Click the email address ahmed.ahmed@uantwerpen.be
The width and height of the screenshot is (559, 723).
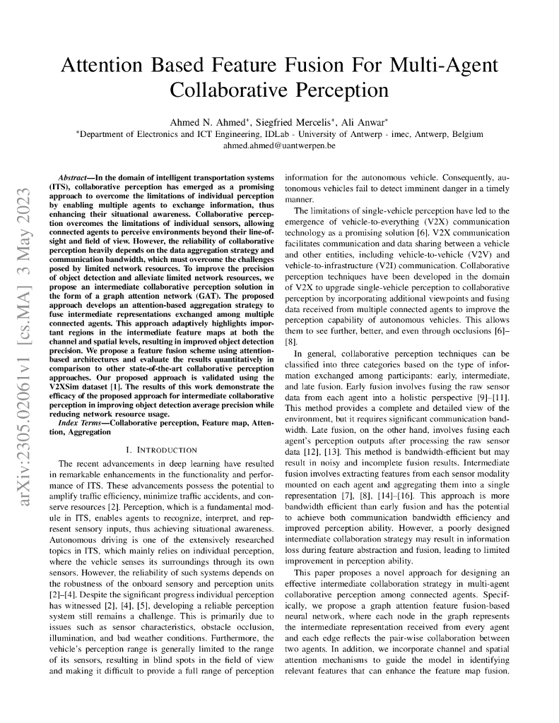pyautogui.click(x=279, y=145)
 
